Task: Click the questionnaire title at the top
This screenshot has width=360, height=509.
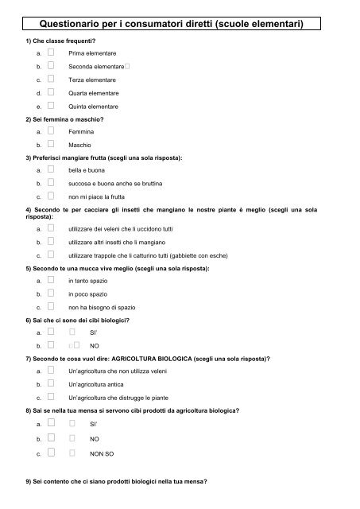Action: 180,25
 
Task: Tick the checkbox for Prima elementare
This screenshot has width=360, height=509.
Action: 50,52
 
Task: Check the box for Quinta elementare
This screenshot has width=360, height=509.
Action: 50,106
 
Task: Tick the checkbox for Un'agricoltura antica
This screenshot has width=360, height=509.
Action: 50,383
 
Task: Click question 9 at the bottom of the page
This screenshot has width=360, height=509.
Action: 115,492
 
